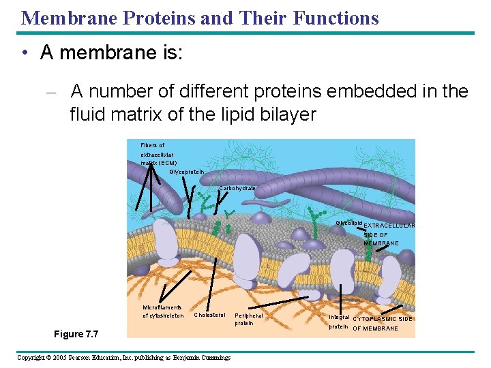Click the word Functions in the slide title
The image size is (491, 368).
[335, 18]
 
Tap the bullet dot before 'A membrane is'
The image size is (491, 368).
[25, 53]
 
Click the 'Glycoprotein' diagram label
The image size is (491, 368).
[187, 172]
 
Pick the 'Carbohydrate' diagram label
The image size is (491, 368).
[238, 188]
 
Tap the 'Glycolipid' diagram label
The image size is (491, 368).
[348, 224]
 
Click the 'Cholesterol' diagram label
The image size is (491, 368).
[209, 315]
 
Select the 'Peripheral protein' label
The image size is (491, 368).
[248, 319]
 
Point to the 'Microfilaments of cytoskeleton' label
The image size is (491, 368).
[162, 311]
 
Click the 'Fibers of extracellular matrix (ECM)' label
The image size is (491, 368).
[158, 154]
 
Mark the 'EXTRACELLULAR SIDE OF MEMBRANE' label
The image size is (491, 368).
[389, 234]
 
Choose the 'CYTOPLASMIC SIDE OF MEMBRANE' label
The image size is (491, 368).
[382, 324]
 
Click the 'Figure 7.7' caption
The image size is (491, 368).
[76, 334]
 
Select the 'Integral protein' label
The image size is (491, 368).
[339, 322]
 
